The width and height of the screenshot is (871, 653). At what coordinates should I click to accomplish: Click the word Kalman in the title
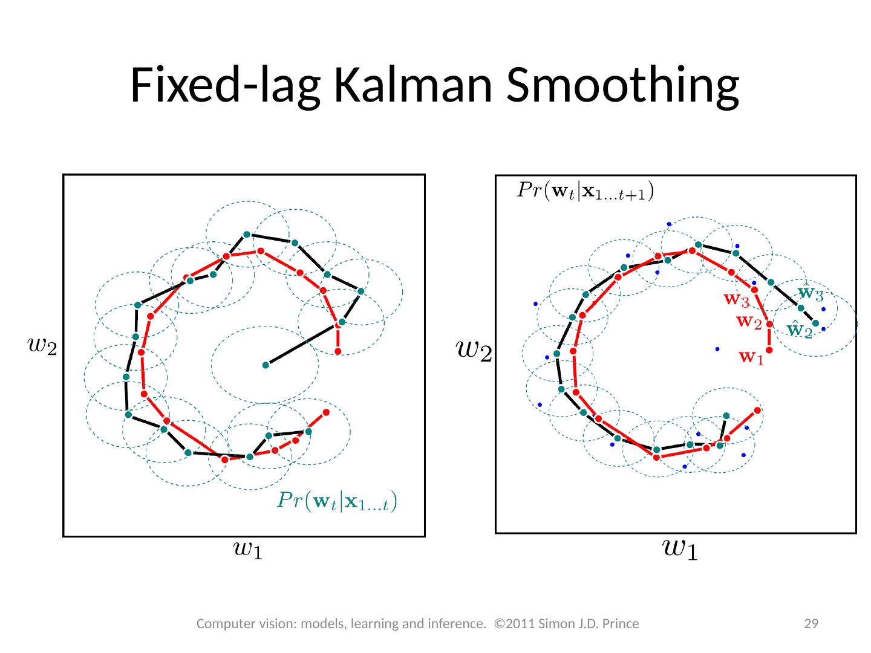[414, 85]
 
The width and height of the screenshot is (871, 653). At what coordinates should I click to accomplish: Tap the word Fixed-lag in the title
[226, 86]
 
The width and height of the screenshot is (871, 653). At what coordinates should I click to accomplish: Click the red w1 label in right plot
[752, 359]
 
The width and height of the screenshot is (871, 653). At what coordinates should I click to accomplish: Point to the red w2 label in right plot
[749, 322]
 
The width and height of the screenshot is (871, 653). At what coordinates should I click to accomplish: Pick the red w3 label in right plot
[737, 299]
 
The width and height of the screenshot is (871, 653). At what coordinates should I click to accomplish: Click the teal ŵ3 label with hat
[811, 294]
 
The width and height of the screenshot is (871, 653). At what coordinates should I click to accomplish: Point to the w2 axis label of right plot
[474, 349]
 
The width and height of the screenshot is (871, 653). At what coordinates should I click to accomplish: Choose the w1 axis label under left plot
[247, 550]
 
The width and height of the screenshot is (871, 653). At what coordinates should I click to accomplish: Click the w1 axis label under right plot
[680, 549]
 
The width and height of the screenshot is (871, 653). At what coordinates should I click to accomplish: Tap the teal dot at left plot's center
[266, 365]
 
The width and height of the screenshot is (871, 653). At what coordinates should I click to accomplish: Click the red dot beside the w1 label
[769, 350]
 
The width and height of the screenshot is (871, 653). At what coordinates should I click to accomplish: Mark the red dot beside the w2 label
[769, 324]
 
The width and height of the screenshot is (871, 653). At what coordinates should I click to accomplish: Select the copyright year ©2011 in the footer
[512, 623]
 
